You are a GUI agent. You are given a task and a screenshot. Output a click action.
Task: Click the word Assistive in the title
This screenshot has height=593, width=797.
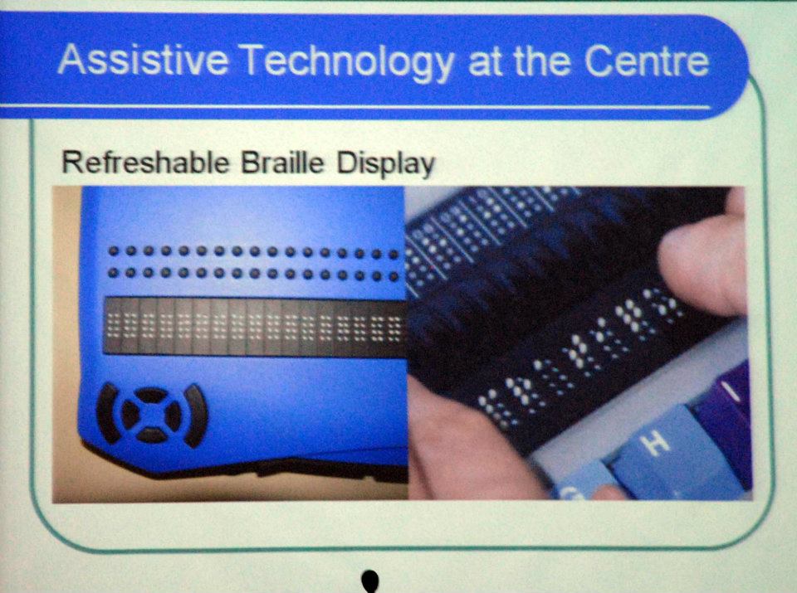point(143,60)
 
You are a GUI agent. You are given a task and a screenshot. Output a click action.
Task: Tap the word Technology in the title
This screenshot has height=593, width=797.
point(348,62)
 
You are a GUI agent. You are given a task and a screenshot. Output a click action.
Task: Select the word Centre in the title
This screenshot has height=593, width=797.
point(647,61)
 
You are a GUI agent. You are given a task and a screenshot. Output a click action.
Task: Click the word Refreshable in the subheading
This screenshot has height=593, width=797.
point(145,163)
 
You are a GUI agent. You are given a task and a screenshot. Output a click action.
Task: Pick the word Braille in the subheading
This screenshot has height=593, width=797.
point(282,163)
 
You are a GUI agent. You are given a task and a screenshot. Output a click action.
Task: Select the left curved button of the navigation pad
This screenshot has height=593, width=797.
point(106,414)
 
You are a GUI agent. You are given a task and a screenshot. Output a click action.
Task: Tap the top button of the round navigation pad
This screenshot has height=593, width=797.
point(151,395)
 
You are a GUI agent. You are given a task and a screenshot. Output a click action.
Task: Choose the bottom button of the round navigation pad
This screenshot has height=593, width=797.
point(151,435)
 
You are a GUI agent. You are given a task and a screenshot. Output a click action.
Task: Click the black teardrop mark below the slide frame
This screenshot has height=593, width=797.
point(370,581)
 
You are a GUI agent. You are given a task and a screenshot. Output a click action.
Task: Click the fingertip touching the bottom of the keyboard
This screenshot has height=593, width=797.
point(609,492)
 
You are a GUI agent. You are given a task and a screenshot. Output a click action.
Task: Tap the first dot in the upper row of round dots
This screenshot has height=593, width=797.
point(114,250)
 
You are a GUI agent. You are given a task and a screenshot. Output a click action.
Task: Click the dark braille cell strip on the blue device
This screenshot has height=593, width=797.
point(255,326)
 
